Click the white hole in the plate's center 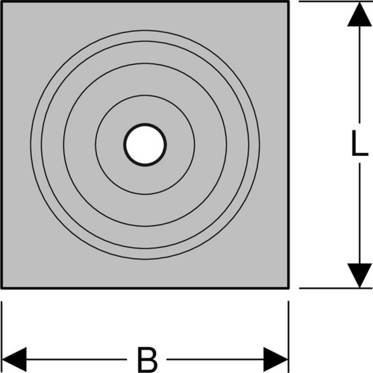click(145, 145)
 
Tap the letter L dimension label click(360, 143)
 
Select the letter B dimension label click(148, 360)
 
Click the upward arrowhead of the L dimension click(360, 14)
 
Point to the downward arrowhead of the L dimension click(360, 275)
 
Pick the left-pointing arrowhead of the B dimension click(14, 360)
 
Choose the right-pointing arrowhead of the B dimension click(275, 360)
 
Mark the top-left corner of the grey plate click(1, 1)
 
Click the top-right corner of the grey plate click(288, 1)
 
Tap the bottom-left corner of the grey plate click(1, 288)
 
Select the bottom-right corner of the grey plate click(288, 288)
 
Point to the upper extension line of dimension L click(336, 1)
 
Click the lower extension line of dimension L click(336, 288)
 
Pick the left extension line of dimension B click(2, 337)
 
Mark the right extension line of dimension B click(289, 337)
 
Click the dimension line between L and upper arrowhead click(360, 75)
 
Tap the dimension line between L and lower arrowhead click(360, 213)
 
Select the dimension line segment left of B click(76, 360)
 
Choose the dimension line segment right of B click(216, 360)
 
